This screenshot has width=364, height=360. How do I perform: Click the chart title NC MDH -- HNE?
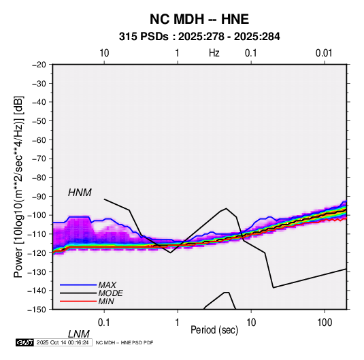click(x=199, y=19)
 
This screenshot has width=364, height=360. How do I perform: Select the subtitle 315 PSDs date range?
click(x=199, y=37)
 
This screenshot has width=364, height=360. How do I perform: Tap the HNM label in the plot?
click(x=80, y=193)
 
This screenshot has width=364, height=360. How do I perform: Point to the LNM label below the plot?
click(x=79, y=334)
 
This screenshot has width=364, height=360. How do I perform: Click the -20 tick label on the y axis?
click(x=39, y=65)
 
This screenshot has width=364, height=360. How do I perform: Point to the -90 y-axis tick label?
click(x=39, y=197)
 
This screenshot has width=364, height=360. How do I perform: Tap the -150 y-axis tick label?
click(x=37, y=310)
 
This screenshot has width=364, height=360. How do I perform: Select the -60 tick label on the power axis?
click(x=39, y=140)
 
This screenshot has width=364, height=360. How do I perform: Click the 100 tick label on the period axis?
click(x=325, y=323)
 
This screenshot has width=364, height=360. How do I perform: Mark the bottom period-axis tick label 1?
click(x=178, y=323)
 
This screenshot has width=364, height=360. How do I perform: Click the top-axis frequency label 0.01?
click(x=324, y=53)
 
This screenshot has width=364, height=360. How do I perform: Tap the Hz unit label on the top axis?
click(x=214, y=53)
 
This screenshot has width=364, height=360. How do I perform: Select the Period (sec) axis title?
click(x=214, y=330)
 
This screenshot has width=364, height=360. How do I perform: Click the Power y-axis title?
click(x=18, y=186)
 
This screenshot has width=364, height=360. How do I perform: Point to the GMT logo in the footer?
click(x=24, y=342)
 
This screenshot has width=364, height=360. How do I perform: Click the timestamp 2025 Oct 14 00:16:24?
click(x=63, y=342)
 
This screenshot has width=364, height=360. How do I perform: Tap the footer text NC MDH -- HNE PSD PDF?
click(x=125, y=342)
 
